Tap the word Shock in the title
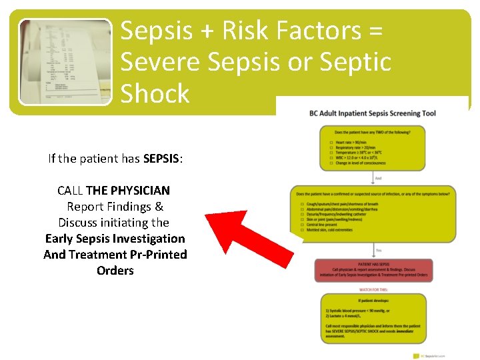(x=155, y=93)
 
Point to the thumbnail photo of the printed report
(x=65, y=61)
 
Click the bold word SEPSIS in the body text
(x=160, y=159)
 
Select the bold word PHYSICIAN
(x=136, y=191)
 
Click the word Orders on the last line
(x=115, y=271)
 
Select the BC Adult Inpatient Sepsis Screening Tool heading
(x=373, y=113)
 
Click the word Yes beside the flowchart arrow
(x=379, y=250)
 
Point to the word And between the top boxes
(x=379, y=179)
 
